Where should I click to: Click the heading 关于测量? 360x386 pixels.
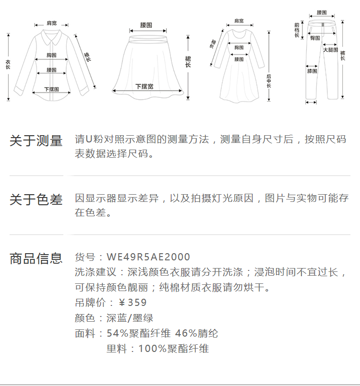tap(36, 141)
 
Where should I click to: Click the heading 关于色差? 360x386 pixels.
tap(36, 199)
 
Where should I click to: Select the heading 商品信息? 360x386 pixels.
tap(36, 258)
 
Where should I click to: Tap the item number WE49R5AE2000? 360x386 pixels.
tap(148, 257)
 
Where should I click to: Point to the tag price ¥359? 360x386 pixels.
tap(132, 303)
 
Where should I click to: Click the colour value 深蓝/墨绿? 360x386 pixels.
tap(130, 318)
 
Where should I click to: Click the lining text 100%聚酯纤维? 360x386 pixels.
tap(173, 349)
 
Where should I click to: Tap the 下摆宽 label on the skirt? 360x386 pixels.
tap(144, 87)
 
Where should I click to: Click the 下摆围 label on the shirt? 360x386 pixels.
tap(51, 89)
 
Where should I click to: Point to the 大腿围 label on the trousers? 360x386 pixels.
tap(330, 50)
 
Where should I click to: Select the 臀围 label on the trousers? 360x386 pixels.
tap(315, 37)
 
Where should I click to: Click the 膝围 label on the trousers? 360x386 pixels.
tap(312, 71)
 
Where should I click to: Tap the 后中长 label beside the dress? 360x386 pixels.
tap(269, 82)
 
